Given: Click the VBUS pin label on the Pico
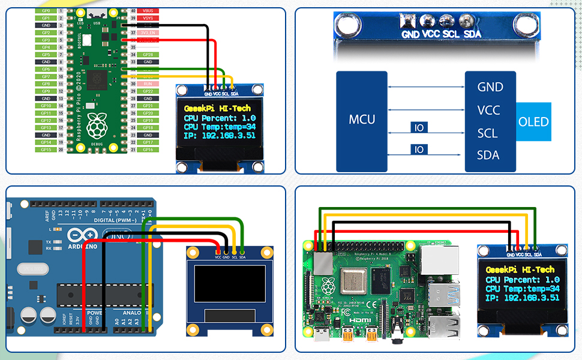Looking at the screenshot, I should pos(147,11).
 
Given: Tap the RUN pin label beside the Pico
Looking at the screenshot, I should pos(147,84).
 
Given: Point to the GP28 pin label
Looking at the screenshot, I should pos(147,55).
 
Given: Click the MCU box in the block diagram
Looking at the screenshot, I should pos(362,119).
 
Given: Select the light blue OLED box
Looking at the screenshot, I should pos(533,122).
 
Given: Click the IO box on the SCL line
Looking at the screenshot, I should pos(419,127).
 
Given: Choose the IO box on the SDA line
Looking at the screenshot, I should pos(419,149).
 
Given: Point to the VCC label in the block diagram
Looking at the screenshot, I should pos(489,110).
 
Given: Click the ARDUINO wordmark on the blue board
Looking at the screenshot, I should pos(82,246).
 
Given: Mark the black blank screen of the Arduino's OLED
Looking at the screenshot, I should pos(230,284).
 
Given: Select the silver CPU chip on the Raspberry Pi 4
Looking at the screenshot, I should pos(352,281).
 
